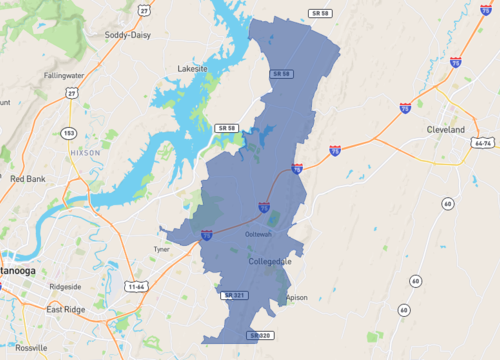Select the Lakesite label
click(192, 69)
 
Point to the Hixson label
click(86, 152)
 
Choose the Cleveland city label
click(446, 130)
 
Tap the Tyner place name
click(161, 248)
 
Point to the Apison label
click(297, 298)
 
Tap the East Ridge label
click(65, 310)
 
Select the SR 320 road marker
click(262, 335)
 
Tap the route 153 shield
click(68, 132)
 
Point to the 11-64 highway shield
click(137, 286)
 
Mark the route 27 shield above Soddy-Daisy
click(145, 11)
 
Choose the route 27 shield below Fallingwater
click(71, 93)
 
